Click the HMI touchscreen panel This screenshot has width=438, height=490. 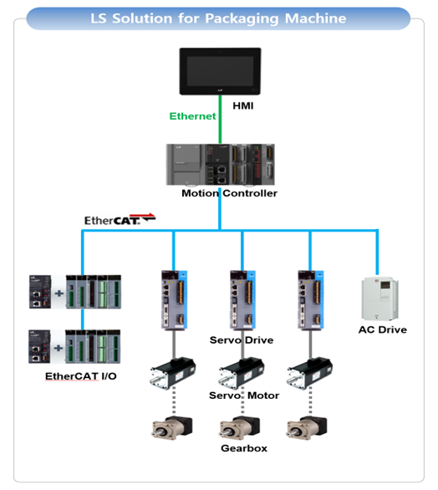[220, 71]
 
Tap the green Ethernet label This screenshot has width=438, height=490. [192, 116]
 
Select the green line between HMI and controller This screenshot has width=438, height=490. [220, 119]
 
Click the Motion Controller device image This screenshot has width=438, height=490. [220, 165]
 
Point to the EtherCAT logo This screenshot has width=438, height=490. [120, 219]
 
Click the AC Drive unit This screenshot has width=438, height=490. [379, 299]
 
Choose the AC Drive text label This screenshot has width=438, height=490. [383, 329]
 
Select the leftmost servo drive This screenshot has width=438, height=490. [174, 299]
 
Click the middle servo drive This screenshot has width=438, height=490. [242, 299]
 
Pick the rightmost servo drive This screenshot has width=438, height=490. [311, 299]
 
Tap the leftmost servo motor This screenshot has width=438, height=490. [173, 373]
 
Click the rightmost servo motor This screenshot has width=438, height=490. [309, 373]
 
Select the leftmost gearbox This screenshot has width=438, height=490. [172, 427]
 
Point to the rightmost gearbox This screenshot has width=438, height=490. [307, 427]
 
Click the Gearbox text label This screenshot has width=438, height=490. [244, 448]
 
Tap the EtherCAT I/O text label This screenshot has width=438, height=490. [81, 376]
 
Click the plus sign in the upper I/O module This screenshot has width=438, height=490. [59, 293]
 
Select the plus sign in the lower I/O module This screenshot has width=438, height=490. [59, 348]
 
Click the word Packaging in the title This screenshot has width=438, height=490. [242, 18]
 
